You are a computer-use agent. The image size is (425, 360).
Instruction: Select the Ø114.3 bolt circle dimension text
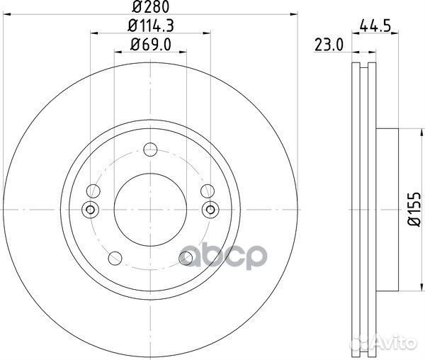(x=149, y=28)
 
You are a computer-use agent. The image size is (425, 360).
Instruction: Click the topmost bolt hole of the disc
(x=149, y=150)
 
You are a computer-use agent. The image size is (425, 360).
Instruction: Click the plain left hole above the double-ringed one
(x=92, y=191)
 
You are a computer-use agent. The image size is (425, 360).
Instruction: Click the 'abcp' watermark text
(x=224, y=254)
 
